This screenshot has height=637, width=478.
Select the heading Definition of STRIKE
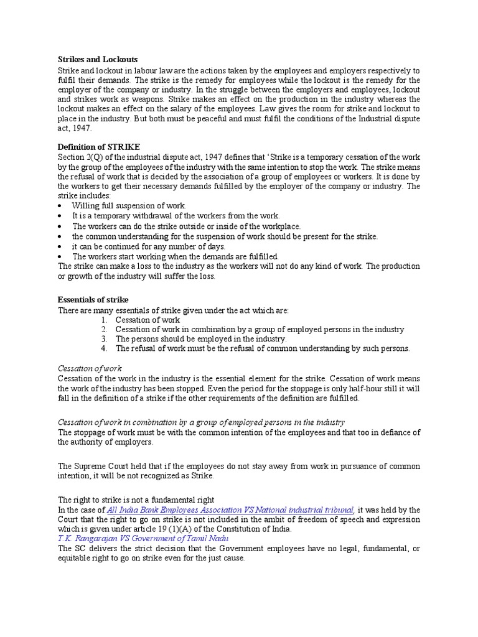point(99,146)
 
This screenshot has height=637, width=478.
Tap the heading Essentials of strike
point(93,299)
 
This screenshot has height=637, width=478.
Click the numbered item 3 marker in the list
point(105,339)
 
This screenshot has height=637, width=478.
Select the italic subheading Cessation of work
point(90,368)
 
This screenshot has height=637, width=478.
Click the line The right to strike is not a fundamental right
point(136,500)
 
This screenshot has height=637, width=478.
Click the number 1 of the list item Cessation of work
point(105,319)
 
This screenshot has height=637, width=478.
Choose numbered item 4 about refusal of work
point(262,348)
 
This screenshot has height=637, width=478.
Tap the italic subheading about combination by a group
point(201,422)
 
